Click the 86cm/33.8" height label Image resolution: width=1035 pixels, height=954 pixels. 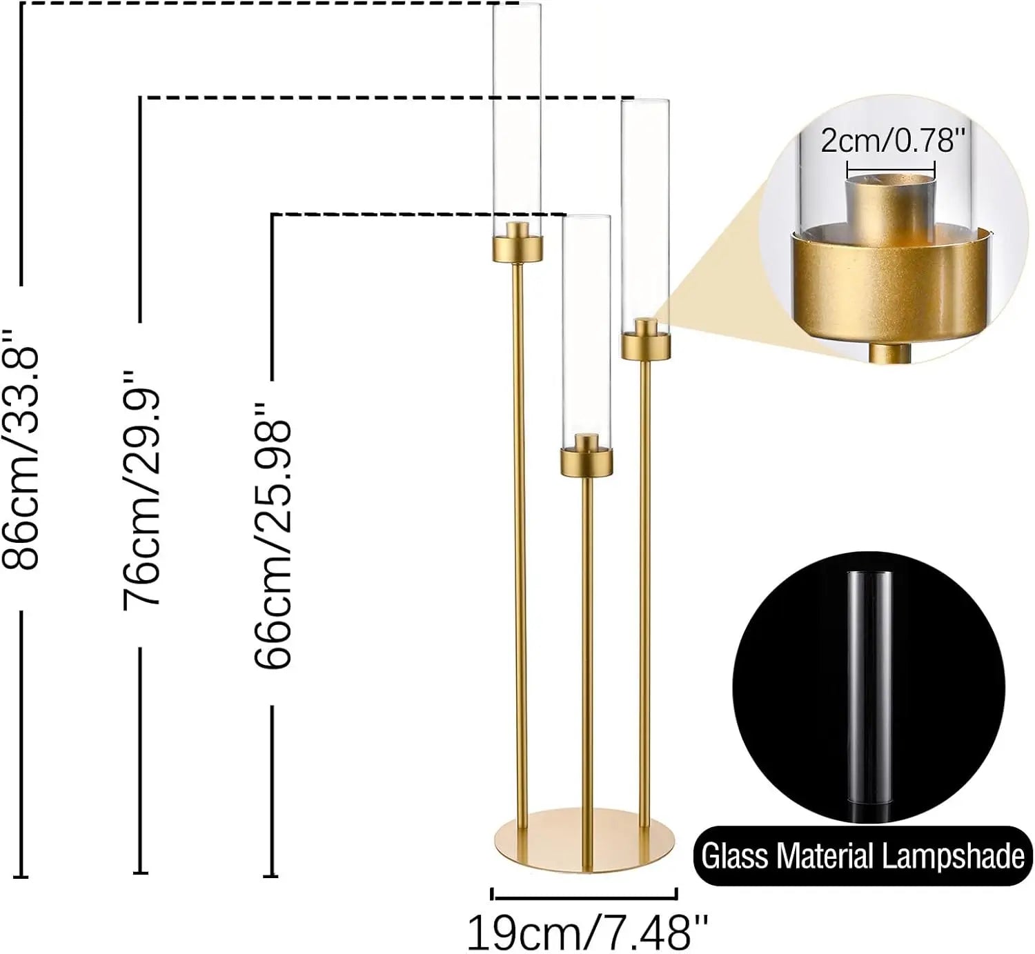tap(21, 448)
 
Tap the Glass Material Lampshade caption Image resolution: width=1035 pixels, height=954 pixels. tap(862, 856)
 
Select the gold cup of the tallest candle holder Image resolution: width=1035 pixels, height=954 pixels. tap(517, 249)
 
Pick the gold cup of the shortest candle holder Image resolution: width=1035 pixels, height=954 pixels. tap(586, 461)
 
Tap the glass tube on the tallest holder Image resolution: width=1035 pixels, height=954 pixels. tap(517, 117)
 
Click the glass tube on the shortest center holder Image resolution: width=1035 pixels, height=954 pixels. tap(586, 324)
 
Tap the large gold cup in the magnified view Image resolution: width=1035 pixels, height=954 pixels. tap(890, 283)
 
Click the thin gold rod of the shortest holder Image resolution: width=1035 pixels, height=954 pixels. tap(586, 655)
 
